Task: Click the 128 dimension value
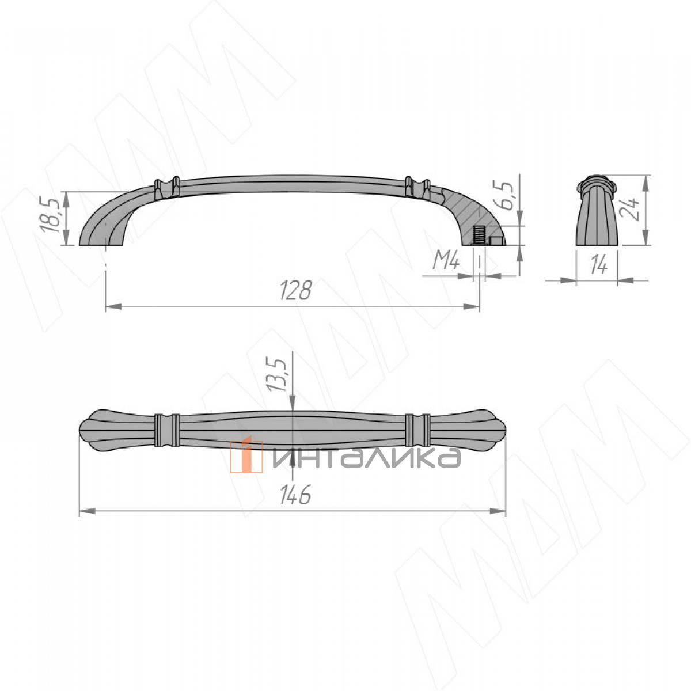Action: [295, 290]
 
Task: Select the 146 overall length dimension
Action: [295, 495]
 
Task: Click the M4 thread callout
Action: [446, 262]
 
